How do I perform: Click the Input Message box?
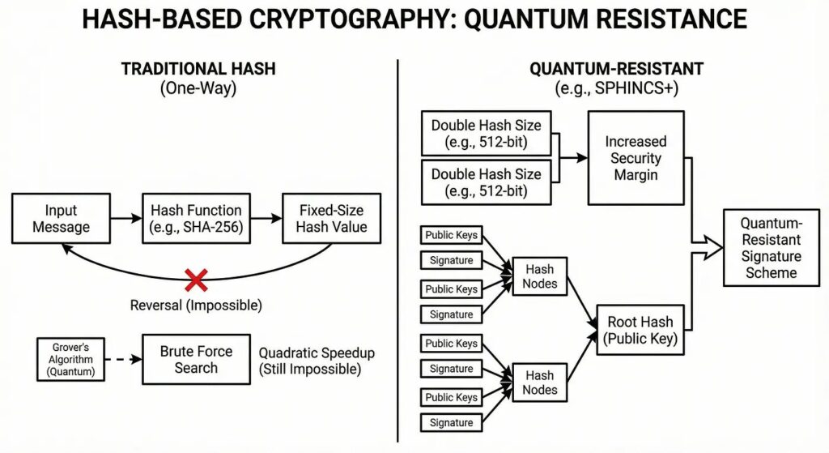tap(61, 219)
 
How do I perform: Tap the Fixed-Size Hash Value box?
tap(330, 219)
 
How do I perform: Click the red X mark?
tap(196, 280)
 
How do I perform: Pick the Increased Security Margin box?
tap(636, 158)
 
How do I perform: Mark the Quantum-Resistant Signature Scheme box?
tap(771, 248)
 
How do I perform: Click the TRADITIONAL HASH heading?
tap(198, 69)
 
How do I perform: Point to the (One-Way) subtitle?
tap(198, 88)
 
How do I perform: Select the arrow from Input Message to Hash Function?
tap(125, 219)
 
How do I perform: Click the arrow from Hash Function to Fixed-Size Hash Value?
tap(264, 219)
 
